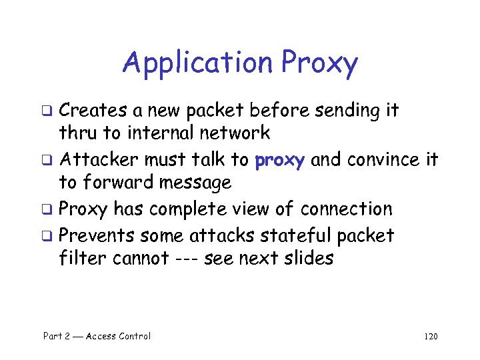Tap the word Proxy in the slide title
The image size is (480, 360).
[x=319, y=64]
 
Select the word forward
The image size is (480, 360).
[x=115, y=181]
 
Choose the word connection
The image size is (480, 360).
[x=346, y=209]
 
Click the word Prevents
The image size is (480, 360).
[x=99, y=235]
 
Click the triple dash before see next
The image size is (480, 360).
[x=190, y=259]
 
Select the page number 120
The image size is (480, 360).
[x=430, y=336]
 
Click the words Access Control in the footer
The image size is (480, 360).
[x=117, y=336]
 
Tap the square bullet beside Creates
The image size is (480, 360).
[x=48, y=111]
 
